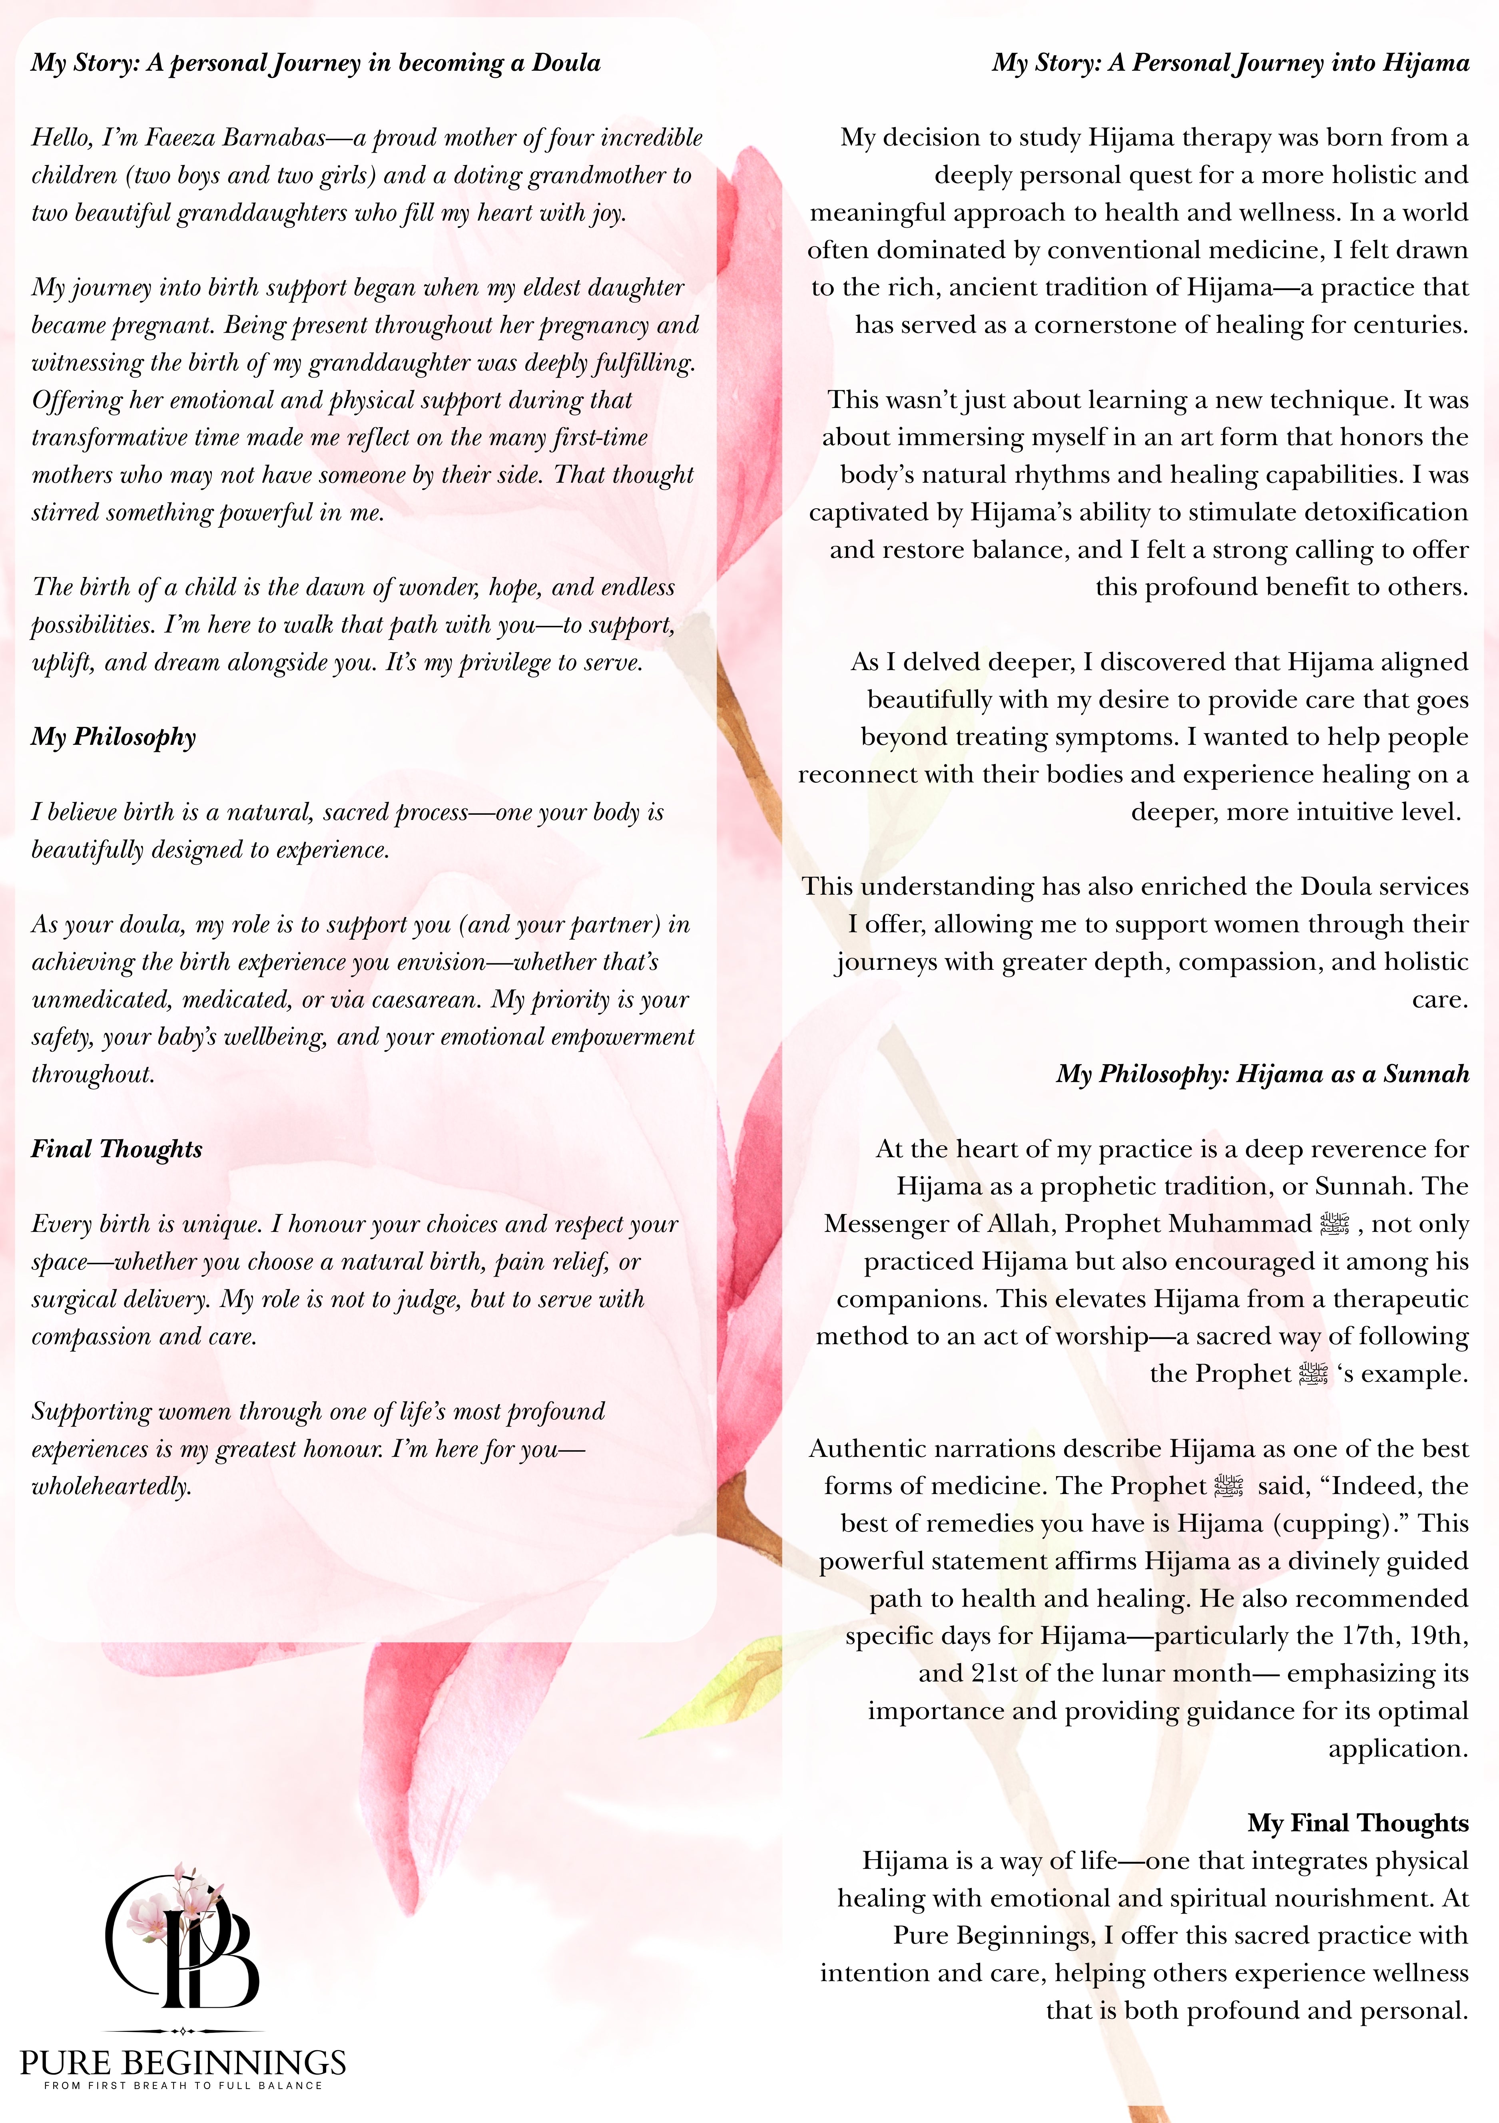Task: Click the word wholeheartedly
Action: click(111, 1487)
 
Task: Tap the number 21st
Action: click(967, 1673)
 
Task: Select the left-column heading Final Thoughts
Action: click(116, 1149)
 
